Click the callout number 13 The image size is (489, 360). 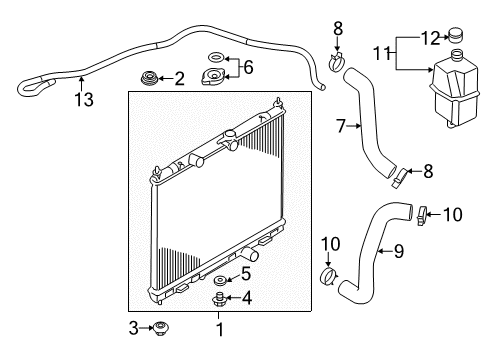coord(84,99)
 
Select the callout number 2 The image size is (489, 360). coord(179,79)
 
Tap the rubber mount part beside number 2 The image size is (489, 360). coord(149,79)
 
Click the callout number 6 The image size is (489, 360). coord(248,67)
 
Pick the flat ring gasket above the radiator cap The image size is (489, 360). coord(216,57)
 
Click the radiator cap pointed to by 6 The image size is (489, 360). coord(213,76)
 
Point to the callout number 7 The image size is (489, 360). coord(341,126)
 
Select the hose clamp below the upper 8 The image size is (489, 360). coord(337,62)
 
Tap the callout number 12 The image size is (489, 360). coord(431,38)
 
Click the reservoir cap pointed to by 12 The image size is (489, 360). coord(456,35)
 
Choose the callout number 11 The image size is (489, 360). coord(381,53)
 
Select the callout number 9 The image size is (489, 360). coord(399,251)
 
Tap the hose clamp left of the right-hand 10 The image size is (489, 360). coord(422,215)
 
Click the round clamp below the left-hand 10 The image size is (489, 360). coord(329,276)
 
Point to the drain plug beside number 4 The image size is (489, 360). coord(219,299)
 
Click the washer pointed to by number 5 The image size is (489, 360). coord(220,280)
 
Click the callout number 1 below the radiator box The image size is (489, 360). coord(220,329)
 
